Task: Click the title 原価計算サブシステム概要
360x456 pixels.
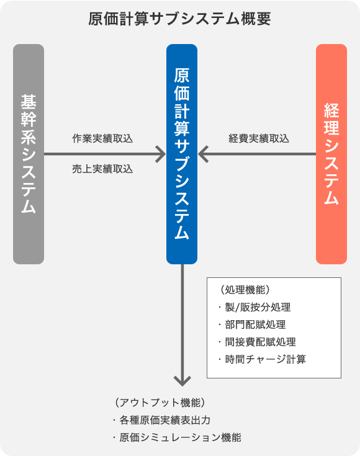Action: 179,19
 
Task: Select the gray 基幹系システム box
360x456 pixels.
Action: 29,154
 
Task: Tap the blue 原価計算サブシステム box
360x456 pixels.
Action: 182,154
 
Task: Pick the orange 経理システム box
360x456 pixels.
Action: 331,154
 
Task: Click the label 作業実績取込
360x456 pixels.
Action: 102,138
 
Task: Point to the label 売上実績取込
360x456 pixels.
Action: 102,169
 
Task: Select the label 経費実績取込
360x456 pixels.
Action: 259,138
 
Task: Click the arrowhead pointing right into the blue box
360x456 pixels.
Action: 161,154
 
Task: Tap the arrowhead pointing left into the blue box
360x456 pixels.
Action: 203,154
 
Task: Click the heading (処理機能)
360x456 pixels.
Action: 245,290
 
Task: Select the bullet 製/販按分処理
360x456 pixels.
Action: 255,307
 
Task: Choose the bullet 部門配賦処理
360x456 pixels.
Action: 253,324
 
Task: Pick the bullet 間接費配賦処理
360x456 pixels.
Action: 258,342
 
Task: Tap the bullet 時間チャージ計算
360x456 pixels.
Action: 263,359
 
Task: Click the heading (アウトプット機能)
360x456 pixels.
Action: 160,403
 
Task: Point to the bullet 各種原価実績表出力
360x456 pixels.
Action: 162,420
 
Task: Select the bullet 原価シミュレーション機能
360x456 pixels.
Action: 178,437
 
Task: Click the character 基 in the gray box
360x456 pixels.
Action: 29,102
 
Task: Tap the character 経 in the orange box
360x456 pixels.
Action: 331,110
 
